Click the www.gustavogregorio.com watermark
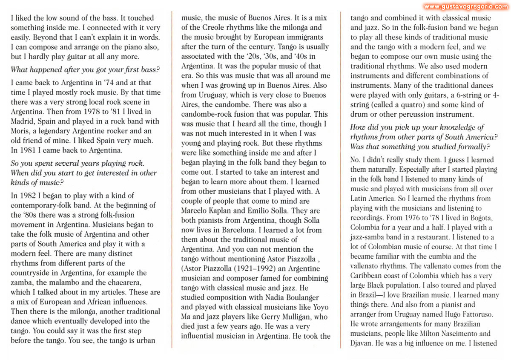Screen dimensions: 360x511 pos(465,6)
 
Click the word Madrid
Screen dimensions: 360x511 pos(22,121)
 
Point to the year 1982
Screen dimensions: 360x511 pos(26,196)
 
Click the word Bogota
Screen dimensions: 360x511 pos(480,218)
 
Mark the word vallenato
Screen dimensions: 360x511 pos(379,266)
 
